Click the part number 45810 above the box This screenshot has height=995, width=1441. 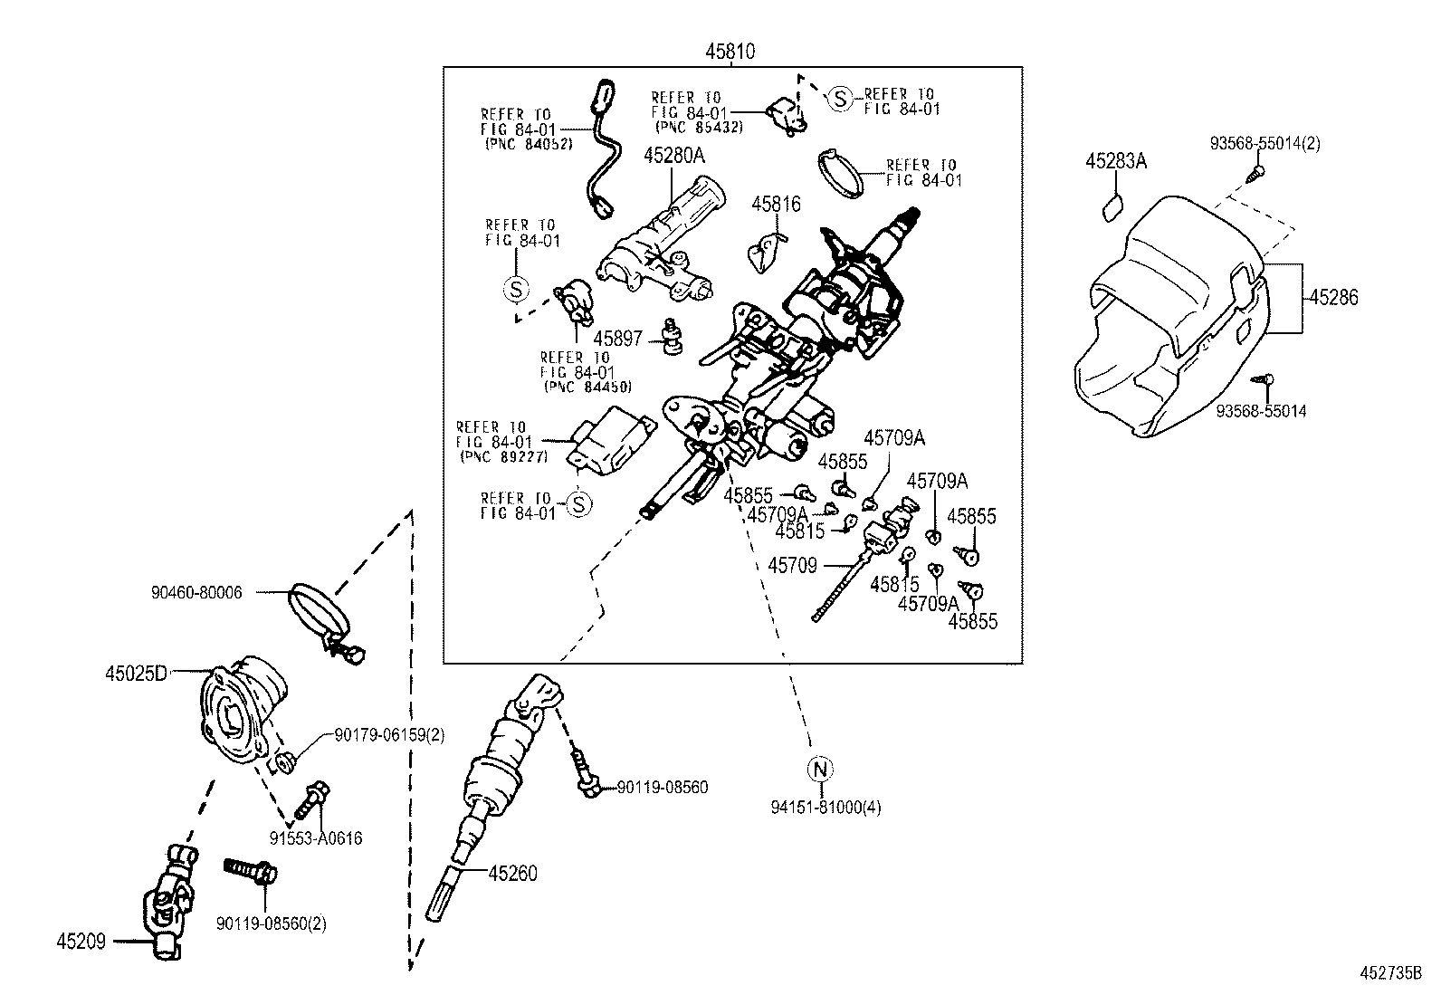[x=730, y=53]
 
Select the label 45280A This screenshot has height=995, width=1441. [x=674, y=156]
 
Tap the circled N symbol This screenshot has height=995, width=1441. [x=819, y=770]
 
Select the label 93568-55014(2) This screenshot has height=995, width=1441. [x=1265, y=143]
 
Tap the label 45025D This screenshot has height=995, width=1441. [x=136, y=674]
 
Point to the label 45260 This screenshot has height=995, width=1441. [x=512, y=874]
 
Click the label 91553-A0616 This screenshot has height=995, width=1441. [x=316, y=838]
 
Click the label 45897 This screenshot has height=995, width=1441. [x=618, y=339]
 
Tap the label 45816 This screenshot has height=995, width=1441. [x=776, y=205]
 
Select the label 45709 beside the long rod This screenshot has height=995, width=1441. [x=793, y=566]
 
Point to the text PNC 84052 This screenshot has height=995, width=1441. [x=529, y=144]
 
